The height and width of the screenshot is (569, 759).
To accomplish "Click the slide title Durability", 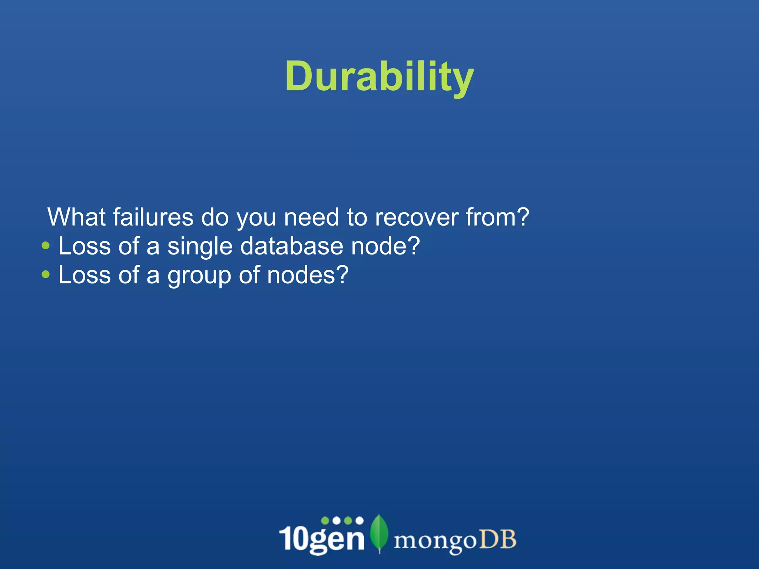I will [x=379, y=77].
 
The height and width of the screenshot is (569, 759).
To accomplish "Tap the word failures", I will [x=153, y=217].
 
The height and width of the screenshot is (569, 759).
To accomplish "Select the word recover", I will [x=417, y=217].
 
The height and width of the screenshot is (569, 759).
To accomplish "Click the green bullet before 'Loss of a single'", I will [x=46, y=245].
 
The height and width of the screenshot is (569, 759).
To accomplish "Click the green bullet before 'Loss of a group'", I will [x=46, y=274].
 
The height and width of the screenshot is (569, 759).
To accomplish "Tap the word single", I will [x=200, y=247].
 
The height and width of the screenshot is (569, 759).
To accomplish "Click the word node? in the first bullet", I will [x=385, y=246].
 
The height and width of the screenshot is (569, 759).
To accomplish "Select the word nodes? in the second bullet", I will [x=308, y=275].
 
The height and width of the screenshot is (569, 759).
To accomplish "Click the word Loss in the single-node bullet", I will [x=84, y=246].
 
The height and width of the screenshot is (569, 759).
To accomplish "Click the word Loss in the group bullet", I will [x=84, y=275].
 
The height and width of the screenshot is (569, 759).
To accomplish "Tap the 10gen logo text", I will [x=322, y=538].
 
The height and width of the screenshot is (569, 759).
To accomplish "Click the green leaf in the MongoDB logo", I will [x=379, y=533].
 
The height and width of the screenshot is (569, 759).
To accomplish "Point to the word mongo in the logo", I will [x=434, y=541].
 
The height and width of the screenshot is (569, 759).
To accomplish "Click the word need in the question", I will [x=311, y=217].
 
